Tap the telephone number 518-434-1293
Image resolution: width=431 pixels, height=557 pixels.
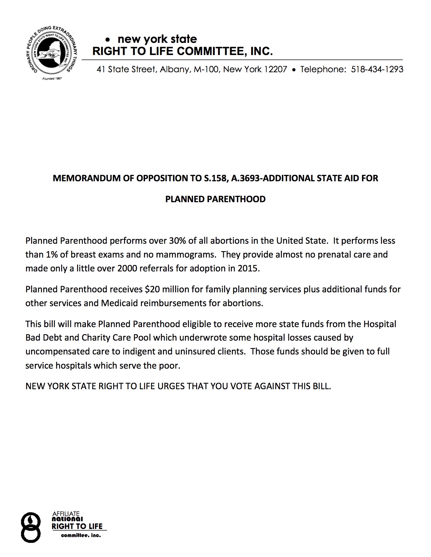[x=377, y=70]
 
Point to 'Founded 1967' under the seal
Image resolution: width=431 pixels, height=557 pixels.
[x=52, y=78]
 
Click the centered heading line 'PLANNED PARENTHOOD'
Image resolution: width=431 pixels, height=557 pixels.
[x=215, y=199]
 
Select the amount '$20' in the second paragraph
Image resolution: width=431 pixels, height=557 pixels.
[x=151, y=289]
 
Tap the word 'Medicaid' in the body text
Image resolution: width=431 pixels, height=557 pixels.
[x=120, y=303]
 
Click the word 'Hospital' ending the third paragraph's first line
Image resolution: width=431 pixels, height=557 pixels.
[x=380, y=324]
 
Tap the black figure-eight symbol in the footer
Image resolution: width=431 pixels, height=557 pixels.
[x=31, y=528]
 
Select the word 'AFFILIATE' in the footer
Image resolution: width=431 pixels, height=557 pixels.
[x=66, y=514]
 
